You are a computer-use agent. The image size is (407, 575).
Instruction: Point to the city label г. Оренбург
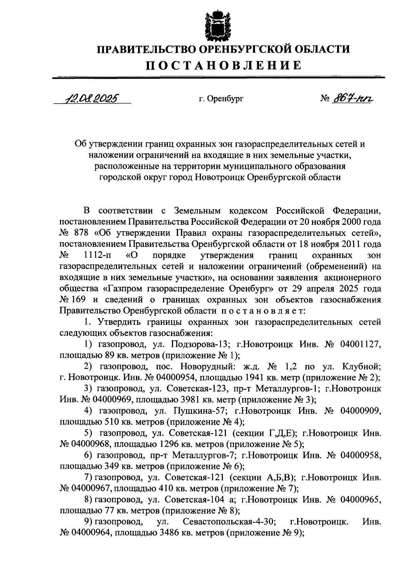coord(221,99)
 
